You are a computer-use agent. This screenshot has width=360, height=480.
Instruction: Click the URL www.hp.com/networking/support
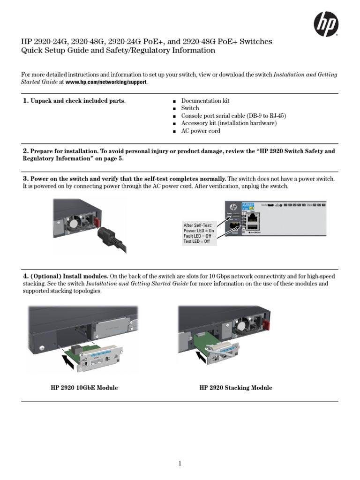(x=106, y=82)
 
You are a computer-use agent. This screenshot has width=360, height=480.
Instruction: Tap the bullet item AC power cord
(x=201, y=131)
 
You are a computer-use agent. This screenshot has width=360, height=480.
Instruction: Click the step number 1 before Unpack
(x=26, y=101)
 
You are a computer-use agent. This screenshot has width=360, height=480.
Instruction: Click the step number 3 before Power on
(x=26, y=179)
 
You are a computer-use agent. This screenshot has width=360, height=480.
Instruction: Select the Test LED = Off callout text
(x=196, y=241)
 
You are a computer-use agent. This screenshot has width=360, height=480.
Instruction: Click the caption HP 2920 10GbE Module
(x=84, y=388)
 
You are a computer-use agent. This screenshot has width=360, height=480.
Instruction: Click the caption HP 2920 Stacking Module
(x=235, y=388)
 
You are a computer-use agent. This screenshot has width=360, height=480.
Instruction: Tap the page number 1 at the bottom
(x=180, y=464)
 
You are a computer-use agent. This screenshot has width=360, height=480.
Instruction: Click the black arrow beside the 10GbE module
(x=69, y=360)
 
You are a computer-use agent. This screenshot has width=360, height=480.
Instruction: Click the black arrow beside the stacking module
(x=202, y=358)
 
